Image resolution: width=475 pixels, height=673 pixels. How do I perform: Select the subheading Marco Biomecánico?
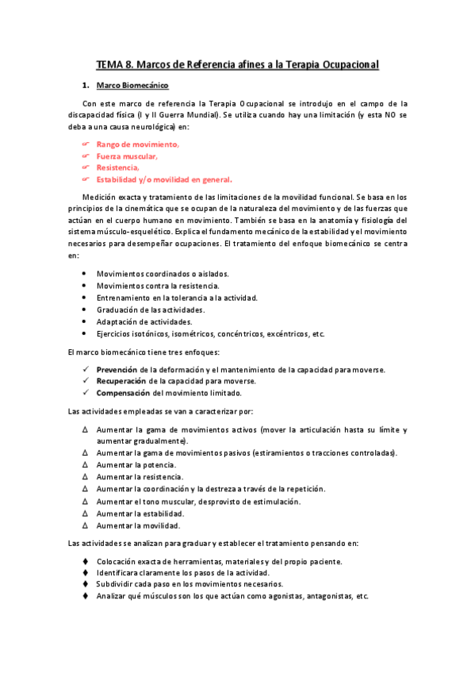132,85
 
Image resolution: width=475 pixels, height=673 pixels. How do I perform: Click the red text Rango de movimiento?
137,144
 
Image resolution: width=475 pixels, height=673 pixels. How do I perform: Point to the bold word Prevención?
117,370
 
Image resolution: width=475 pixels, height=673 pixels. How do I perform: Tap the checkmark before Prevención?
86,370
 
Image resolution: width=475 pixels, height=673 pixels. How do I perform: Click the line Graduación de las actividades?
150,310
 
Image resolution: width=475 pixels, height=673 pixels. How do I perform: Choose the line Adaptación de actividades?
144,321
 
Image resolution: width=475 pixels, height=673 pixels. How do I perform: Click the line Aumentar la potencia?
136,464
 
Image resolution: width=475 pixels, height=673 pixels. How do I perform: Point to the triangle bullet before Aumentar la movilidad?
86,525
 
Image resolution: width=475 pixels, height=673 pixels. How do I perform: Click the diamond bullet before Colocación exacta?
86,561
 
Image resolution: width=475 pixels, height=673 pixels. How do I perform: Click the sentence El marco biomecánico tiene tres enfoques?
143,352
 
